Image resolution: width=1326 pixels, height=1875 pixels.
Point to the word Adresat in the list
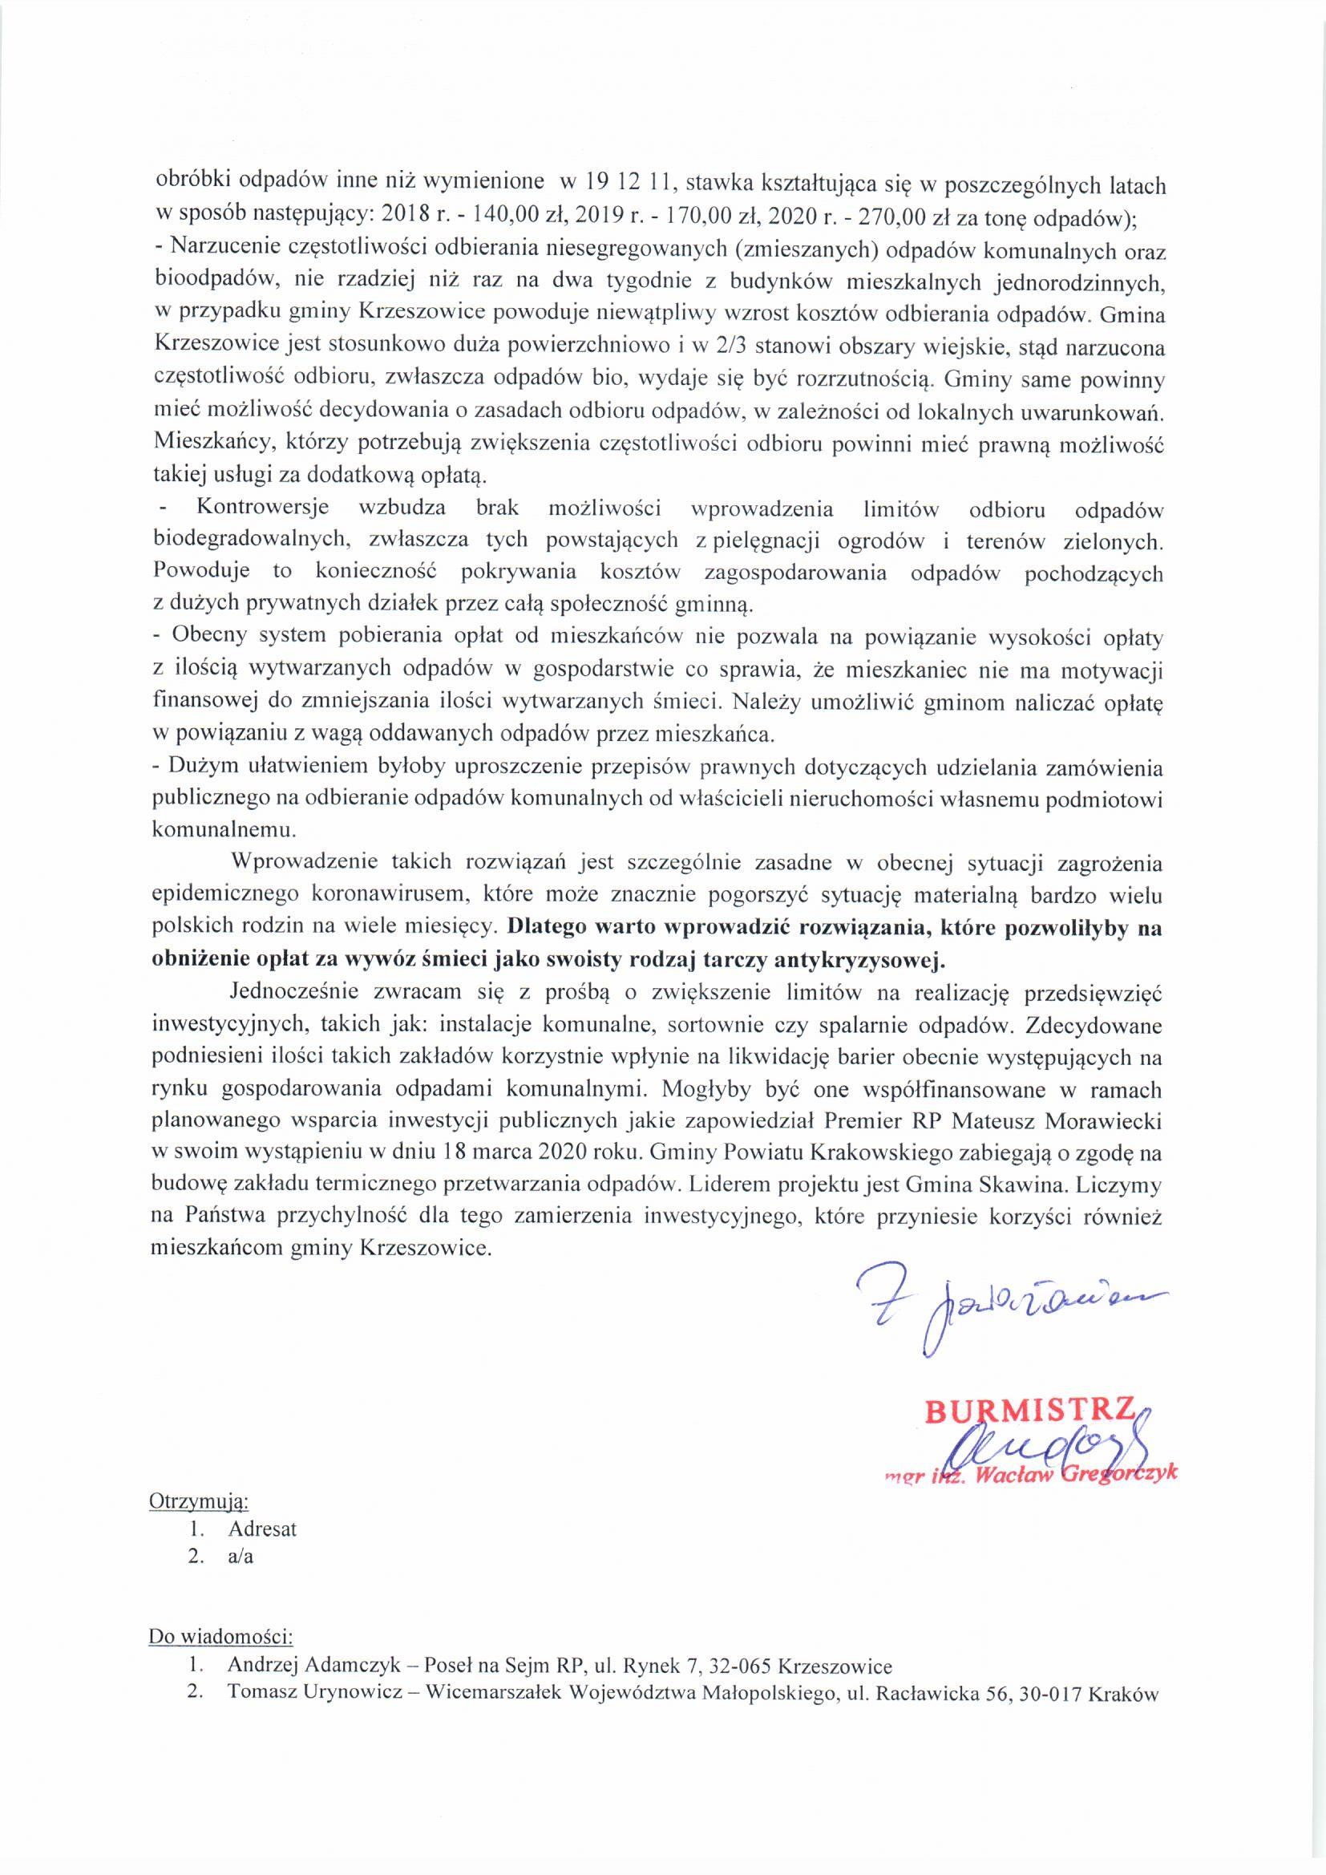pos(263,1529)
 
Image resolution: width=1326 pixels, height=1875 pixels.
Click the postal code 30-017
pos(1046,1694)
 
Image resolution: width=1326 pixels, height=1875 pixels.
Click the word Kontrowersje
pos(262,507)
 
